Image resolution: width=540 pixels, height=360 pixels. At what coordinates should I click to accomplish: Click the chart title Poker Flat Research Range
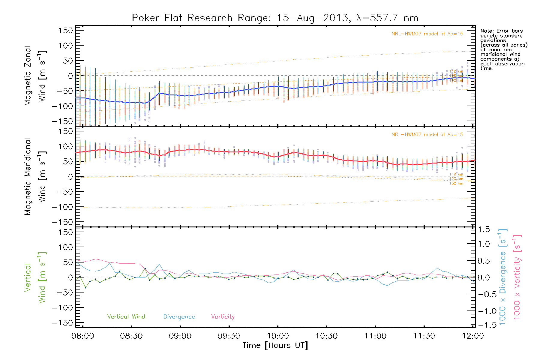pos(275,18)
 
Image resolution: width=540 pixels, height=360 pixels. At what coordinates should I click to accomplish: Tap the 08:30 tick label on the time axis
pos(131,336)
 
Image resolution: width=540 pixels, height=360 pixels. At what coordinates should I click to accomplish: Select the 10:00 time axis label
pos(278,336)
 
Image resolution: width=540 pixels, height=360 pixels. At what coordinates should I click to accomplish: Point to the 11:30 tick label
pos(424,336)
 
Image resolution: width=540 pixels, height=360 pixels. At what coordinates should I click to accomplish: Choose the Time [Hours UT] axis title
pos(275,345)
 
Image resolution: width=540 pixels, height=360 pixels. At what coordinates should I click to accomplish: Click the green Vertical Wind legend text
pos(126,316)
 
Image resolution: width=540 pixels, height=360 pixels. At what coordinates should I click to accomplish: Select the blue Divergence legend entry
pos(179,316)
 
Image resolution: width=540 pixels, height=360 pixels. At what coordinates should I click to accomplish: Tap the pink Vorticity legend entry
pos(223,316)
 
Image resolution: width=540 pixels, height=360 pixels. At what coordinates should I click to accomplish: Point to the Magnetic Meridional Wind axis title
pos(35,176)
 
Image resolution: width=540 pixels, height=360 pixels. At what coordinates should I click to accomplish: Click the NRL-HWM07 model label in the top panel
pos(427,34)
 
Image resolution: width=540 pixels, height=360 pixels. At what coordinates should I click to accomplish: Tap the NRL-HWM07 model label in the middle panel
pos(427,134)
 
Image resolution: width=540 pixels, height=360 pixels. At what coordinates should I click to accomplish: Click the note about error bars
pos(503,49)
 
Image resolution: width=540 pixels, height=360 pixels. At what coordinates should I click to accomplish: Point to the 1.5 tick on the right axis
pos(484,229)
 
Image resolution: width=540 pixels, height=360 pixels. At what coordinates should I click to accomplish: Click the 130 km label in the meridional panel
pos(456,183)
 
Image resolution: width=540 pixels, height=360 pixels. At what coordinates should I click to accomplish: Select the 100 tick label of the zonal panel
pos(66,46)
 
